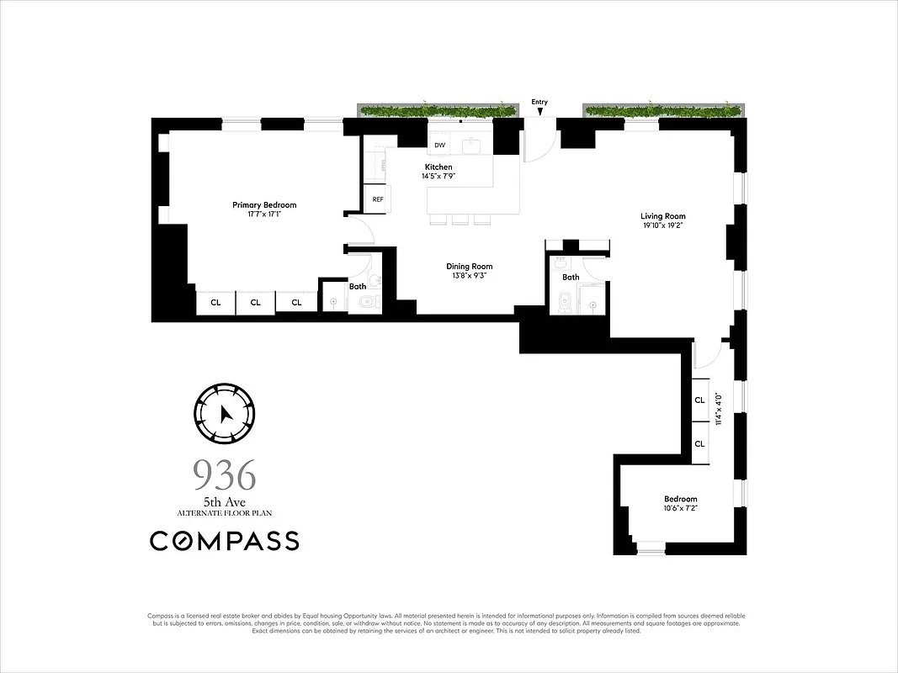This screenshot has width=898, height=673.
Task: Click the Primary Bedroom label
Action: pyautogui.click(x=264, y=205)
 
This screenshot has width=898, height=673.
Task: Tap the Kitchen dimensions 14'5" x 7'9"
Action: pyautogui.click(x=438, y=177)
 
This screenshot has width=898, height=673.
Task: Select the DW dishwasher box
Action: pyautogui.click(x=439, y=146)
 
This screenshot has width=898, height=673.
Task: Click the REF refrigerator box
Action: pyautogui.click(x=378, y=199)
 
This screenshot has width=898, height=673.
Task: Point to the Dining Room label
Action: pyautogui.click(x=469, y=267)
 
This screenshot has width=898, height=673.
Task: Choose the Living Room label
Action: pyautogui.click(x=663, y=216)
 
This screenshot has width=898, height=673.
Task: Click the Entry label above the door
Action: pyautogui.click(x=539, y=102)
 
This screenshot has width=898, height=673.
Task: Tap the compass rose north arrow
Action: pyautogui.click(x=224, y=414)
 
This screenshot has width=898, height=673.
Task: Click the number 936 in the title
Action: pyautogui.click(x=224, y=476)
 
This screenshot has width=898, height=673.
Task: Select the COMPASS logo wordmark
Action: pyautogui.click(x=224, y=541)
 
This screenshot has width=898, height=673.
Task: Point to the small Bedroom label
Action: pyautogui.click(x=680, y=499)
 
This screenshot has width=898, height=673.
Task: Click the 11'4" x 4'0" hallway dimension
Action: pyautogui.click(x=718, y=410)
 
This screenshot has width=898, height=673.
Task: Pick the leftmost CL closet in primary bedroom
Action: pyautogui.click(x=215, y=302)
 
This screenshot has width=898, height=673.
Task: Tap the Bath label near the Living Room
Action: pyautogui.click(x=571, y=277)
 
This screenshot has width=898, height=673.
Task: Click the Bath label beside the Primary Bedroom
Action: pyautogui.click(x=358, y=286)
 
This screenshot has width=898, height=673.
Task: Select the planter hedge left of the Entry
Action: pyautogui.click(x=436, y=110)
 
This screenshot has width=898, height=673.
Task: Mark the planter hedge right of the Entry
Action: pyautogui.click(x=663, y=110)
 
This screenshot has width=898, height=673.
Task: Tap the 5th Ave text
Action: pyautogui.click(x=224, y=502)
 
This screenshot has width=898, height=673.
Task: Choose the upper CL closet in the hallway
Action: pyautogui.click(x=699, y=400)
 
